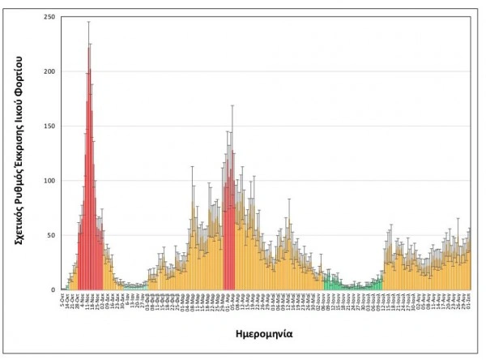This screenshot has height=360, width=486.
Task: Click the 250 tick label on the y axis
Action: point(50,17)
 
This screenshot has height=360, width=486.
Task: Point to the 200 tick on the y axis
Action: point(50,71)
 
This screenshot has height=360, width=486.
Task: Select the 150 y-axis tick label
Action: point(50,126)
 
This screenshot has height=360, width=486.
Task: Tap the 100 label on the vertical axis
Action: point(50,180)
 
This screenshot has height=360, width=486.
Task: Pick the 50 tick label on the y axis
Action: point(52,234)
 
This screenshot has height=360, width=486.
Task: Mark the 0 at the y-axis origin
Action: point(54,289)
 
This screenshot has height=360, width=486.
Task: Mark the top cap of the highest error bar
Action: point(88,22)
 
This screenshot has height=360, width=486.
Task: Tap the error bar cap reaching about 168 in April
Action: point(232,105)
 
